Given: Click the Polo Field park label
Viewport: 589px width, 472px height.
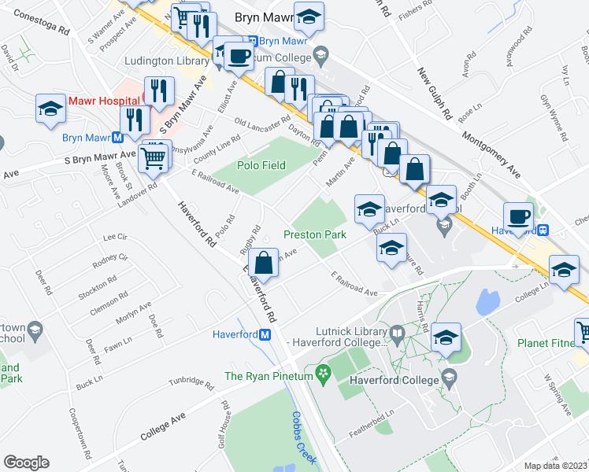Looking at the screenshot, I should coord(261,165).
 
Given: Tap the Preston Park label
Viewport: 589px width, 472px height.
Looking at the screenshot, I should coord(315,235).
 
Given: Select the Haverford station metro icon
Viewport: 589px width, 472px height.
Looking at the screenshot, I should coord(265,334).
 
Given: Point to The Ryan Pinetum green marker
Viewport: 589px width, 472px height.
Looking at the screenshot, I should coord(320,371).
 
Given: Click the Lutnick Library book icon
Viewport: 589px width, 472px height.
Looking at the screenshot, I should coord(398,334).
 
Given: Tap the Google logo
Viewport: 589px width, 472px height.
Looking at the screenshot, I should coord(26,463).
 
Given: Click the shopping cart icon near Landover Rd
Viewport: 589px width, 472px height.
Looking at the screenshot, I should coord(154,158).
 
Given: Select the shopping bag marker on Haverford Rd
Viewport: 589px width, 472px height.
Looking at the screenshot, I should coord(265,263).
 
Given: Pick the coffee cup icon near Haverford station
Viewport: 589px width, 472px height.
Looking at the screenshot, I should coord(518,216).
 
